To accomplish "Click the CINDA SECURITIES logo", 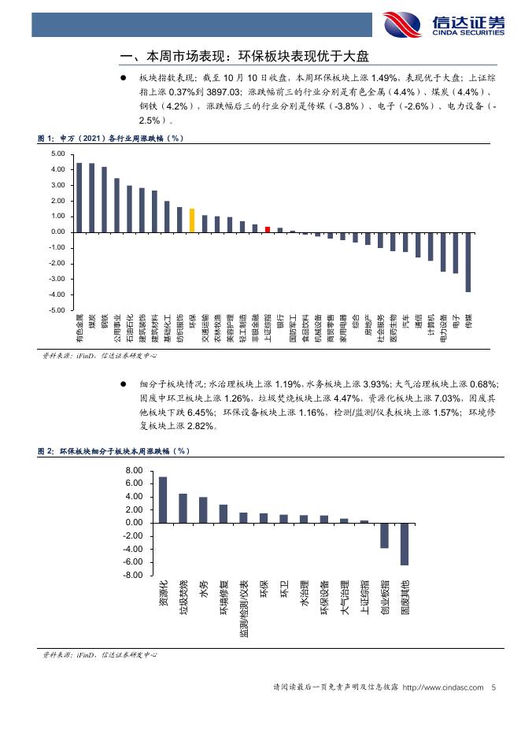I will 444,24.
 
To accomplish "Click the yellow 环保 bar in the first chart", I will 192,220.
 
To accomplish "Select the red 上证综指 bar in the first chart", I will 268,229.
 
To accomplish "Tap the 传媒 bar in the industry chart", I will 468,262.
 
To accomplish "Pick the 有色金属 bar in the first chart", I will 79,198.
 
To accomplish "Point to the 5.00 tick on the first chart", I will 56,154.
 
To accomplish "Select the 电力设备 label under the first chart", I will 443,334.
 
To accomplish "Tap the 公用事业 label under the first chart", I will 116,334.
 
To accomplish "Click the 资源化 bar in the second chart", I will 163,499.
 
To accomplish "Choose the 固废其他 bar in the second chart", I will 405,543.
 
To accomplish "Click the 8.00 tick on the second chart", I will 134,470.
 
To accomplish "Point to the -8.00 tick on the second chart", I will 132,576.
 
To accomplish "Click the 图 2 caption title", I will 113,451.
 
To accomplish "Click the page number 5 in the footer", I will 493,688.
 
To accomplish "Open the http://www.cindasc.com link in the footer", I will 442,688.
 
